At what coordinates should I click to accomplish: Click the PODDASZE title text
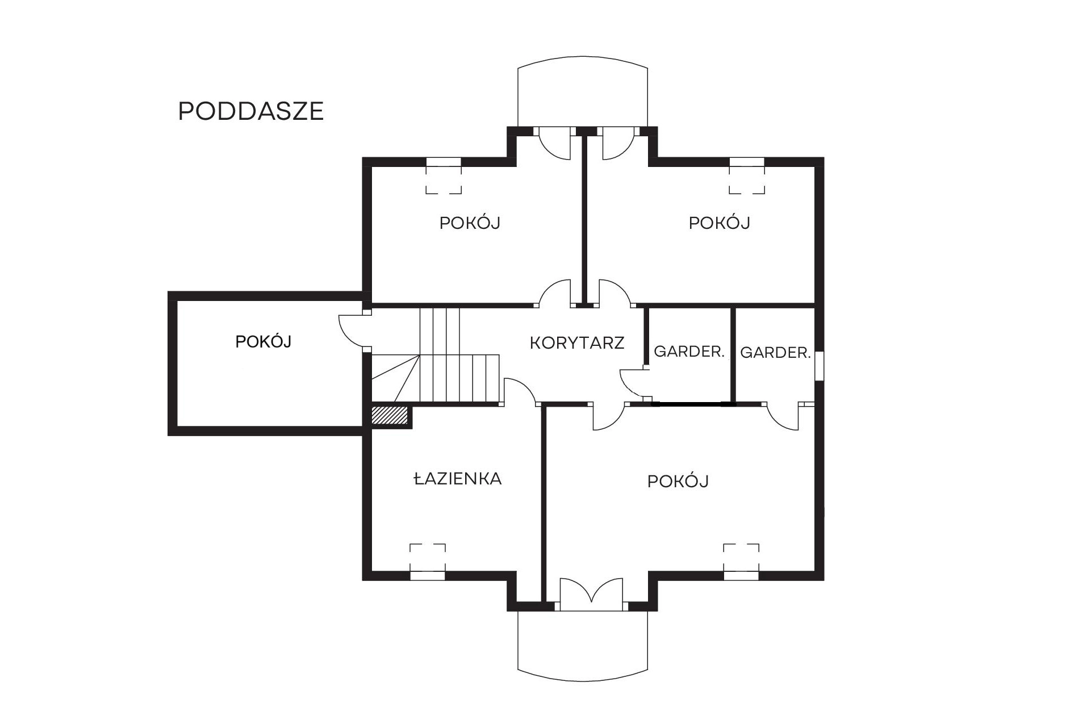click(251, 111)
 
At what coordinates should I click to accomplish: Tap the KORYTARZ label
click(577, 343)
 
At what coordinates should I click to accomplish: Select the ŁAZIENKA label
click(457, 479)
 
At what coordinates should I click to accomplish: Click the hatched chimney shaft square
click(390, 415)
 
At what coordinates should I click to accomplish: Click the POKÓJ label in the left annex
click(264, 342)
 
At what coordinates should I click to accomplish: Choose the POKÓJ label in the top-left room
click(470, 223)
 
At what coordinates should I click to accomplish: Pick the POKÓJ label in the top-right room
click(719, 223)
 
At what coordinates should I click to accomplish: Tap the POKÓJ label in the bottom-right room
click(678, 482)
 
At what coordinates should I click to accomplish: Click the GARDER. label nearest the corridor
click(689, 352)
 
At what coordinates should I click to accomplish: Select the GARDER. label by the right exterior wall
click(775, 353)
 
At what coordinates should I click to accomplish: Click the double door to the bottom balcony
click(591, 595)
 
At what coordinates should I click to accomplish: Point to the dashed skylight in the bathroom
click(428, 558)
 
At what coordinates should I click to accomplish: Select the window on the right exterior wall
click(819, 366)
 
